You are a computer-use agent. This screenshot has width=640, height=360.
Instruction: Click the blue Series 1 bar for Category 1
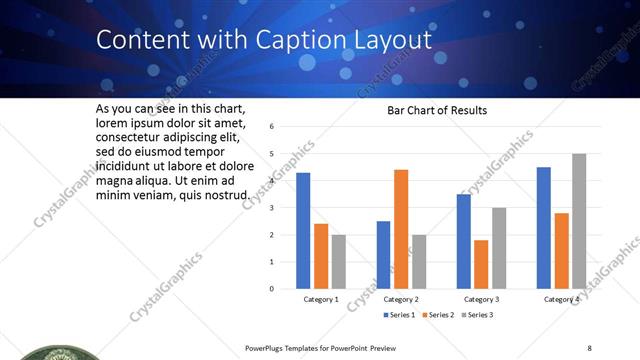tap(303, 231)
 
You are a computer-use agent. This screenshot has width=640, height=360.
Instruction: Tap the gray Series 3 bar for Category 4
tap(579, 221)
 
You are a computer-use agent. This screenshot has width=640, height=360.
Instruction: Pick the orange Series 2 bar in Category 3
tap(481, 264)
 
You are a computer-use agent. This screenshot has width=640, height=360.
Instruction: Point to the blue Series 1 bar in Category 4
tap(544, 228)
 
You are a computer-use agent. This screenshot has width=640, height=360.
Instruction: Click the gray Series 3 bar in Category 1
tap(338, 262)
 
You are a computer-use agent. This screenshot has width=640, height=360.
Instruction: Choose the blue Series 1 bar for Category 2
tap(383, 255)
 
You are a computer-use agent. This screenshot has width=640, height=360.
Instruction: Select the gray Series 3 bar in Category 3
tap(499, 248)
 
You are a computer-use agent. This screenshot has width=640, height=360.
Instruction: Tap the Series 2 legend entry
tap(439, 315)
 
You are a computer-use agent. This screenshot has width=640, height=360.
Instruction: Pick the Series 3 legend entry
tap(477, 315)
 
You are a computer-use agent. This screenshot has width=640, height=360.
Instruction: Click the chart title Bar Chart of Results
tap(437, 110)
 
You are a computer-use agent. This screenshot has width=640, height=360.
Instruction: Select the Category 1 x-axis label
tap(321, 299)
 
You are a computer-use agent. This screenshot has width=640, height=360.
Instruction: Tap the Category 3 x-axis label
tap(481, 299)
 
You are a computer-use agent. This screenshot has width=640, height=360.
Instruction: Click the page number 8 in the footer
tap(589, 348)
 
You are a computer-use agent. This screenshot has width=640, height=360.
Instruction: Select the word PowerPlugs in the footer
tap(265, 348)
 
